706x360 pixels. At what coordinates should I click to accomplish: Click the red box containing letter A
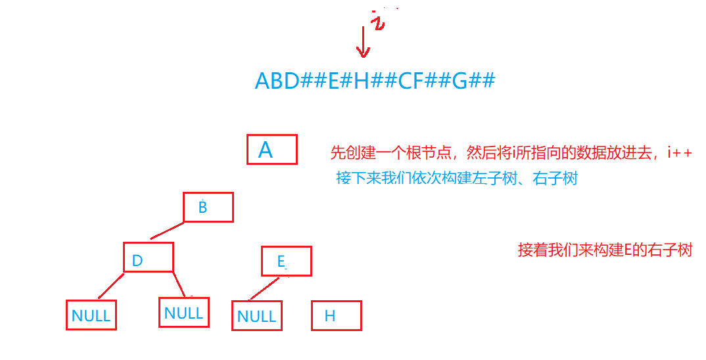(272, 150)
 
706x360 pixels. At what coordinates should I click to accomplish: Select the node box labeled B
(208, 208)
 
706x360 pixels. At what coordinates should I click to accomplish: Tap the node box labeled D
(149, 258)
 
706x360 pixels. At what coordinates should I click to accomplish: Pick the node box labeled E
(286, 261)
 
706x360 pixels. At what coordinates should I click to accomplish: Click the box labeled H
(336, 315)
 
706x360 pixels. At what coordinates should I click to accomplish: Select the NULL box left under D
(91, 315)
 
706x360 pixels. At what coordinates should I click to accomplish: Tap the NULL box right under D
(184, 312)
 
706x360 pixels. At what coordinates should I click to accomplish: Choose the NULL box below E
(257, 315)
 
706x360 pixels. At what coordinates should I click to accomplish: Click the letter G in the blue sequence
(459, 81)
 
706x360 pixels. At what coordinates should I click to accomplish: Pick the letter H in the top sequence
(361, 81)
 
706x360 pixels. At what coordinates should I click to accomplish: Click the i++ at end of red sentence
(679, 153)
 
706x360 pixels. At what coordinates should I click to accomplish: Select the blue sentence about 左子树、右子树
(457, 178)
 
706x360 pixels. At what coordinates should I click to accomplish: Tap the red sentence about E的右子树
(605, 250)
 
